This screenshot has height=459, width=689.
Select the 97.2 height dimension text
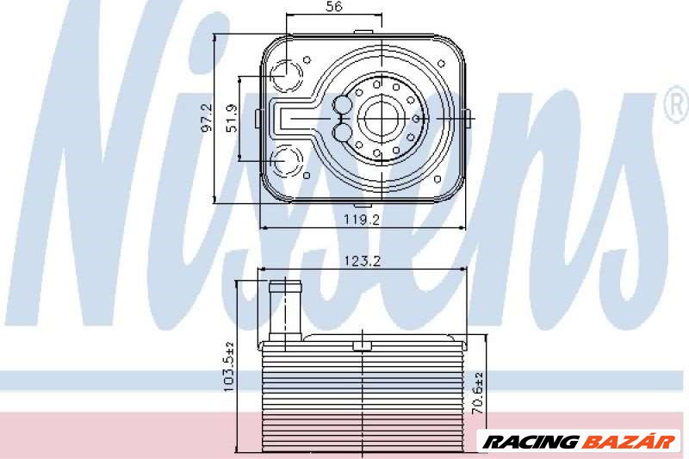206,117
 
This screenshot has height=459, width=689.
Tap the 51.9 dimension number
230,117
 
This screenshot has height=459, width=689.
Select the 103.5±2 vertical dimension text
229,364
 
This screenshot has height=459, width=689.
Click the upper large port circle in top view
284,74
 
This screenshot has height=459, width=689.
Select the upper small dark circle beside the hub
343,105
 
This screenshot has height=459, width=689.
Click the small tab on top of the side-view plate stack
362,345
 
